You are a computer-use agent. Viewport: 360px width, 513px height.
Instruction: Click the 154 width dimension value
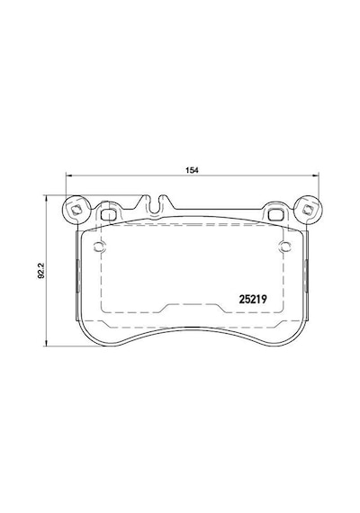[192, 170]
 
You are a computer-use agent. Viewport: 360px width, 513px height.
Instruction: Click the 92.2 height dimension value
[40, 271]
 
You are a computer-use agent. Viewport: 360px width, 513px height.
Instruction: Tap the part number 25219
[253, 299]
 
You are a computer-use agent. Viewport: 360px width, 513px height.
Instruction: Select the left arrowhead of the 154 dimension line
[68, 175]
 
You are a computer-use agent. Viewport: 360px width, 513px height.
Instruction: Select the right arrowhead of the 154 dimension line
[316, 175]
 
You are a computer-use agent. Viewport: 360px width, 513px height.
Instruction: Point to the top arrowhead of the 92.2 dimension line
[47, 198]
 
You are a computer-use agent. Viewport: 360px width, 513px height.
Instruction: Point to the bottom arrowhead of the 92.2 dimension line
[47, 343]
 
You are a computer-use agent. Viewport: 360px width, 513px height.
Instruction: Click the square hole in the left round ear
[76, 210]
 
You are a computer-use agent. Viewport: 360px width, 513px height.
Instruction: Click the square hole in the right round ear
[308, 210]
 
